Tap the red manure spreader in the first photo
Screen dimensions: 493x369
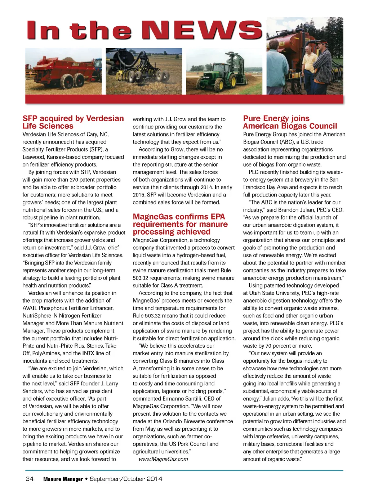61,72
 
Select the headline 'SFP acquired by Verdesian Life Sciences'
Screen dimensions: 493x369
73,122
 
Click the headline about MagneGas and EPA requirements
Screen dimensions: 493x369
180,224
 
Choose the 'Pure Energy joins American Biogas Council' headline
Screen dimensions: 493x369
290,122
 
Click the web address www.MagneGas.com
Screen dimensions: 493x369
163,459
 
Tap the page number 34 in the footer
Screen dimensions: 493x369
30,479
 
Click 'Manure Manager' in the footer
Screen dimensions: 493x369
63,479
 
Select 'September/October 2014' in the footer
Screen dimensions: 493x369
126,479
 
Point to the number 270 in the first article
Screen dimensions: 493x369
74,180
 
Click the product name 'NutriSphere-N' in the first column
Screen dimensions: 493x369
40,316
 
